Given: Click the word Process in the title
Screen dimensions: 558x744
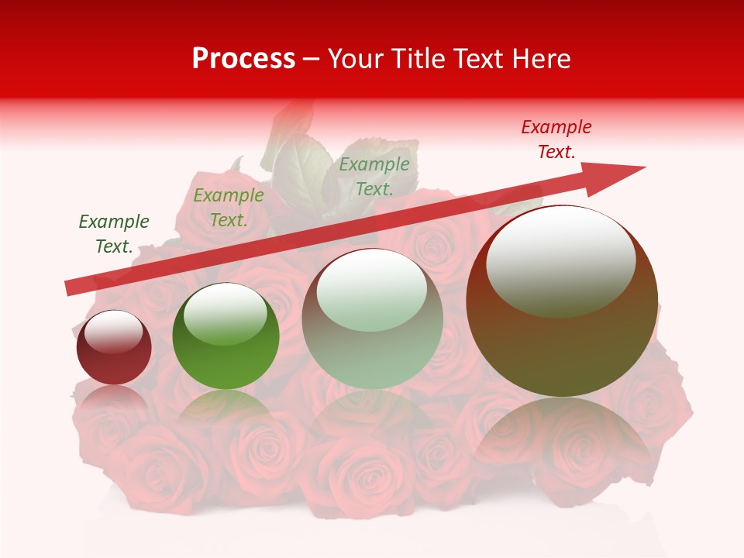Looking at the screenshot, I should tap(243, 59).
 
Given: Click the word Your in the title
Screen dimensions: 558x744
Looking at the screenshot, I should tap(353, 59).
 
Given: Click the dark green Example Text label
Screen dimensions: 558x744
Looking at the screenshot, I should tap(113, 234).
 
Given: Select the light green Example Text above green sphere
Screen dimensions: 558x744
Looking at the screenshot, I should tap(228, 208).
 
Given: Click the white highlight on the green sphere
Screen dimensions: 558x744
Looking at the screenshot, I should tap(225, 314).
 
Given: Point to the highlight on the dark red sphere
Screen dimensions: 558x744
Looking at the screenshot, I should tap(113, 332).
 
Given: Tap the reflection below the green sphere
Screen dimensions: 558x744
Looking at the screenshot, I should tap(226, 411).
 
